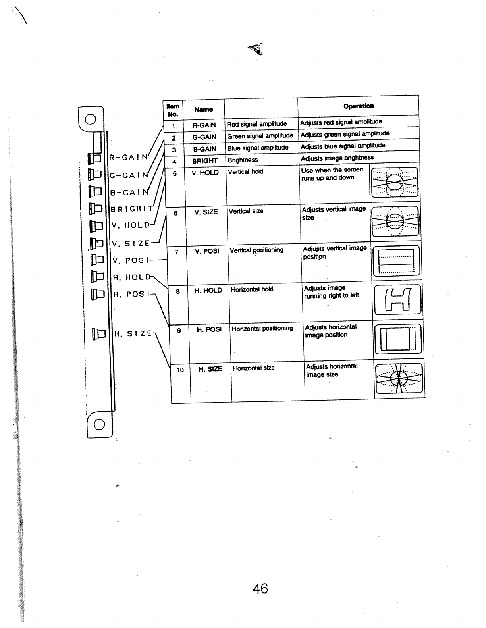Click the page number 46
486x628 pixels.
260,588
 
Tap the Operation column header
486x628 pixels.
358,106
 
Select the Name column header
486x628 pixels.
204,109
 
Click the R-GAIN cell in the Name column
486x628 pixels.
204,125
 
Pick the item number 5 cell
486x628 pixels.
175,173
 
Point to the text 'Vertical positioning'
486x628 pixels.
256,250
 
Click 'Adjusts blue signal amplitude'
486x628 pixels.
343,146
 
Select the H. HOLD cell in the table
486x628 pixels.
208,291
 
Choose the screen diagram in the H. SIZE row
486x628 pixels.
399,379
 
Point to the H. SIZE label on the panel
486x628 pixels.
133,334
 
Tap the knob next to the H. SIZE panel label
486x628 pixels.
98,333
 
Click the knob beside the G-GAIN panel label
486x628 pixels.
96,174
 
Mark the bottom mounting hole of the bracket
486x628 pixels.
99,425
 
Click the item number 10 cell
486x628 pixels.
180,370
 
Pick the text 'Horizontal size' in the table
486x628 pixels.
254,368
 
